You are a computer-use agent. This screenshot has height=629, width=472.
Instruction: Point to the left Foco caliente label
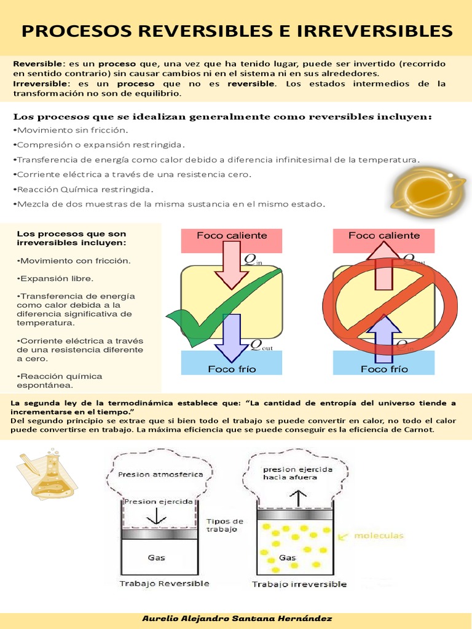[232, 236]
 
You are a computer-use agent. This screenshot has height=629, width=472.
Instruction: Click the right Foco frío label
[383, 369]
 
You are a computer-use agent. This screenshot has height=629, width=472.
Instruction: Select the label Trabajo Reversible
[164, 584]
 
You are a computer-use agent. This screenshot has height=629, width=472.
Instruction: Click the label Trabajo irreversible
[299, 584]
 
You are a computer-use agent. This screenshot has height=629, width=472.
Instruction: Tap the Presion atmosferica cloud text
[152, 474]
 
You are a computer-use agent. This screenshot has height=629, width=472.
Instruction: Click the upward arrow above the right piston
[299, 496]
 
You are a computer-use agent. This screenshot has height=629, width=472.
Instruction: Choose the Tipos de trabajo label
[225, 525]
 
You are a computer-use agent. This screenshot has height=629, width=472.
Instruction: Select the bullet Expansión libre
[55, 278]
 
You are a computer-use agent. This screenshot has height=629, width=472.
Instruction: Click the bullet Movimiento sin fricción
[73, 130]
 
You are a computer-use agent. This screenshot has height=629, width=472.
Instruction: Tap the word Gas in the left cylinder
[156, 558]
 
